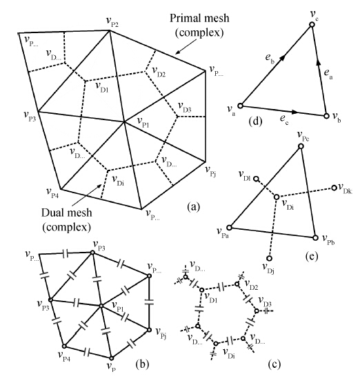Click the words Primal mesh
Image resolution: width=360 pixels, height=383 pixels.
click(199, 19)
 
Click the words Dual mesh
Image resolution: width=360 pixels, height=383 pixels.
click(67, 213)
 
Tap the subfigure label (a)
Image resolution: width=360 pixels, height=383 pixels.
click(193, 207)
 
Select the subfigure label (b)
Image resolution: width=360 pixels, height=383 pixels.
click(142, 364)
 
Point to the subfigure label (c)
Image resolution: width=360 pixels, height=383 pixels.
click(274, 364)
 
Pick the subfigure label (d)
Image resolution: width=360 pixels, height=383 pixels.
click(255, 121)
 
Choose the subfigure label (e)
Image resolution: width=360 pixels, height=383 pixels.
click(312, 257)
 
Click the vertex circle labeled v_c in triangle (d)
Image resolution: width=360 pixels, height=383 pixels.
click(312, 24)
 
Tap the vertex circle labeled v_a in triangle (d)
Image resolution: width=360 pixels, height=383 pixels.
click(241, 106)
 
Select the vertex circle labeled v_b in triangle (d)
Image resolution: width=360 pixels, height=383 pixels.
click(326, 116)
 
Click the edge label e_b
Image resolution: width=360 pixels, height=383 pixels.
click(270, 59)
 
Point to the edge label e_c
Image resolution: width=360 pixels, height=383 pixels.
click(284, 119)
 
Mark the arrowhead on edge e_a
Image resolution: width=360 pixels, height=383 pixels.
click(318, 62)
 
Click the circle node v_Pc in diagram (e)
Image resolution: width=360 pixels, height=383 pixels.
click(301, 146)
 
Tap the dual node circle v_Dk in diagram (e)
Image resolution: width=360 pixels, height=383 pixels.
click(334, 188)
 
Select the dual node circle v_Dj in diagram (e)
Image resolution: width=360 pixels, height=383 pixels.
click(269, 258)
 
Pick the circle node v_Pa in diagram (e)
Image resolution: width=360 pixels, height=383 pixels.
click(229, 228)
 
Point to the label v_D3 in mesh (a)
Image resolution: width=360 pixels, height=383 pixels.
click(185, 107)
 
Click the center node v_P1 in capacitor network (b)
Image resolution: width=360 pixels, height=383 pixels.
click(101, 306)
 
